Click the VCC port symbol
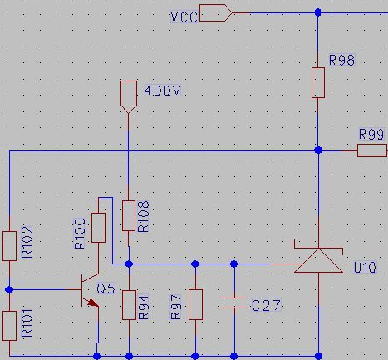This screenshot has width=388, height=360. point(216,12)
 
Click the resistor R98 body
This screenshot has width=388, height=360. point(318,82)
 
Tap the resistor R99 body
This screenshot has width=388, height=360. point(372,150)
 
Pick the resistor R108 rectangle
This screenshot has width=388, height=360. point(129,216)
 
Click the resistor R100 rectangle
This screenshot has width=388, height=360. point(98,228)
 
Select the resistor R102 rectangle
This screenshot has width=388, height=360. point(9,246)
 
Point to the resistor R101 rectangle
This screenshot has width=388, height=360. point(9,326)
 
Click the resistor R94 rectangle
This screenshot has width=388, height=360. point(129,305)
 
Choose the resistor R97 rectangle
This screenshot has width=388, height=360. point(195,304)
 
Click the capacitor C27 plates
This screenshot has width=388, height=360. point(234,303)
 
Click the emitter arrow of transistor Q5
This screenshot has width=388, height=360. point(93,303)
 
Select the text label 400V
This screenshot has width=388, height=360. point(163,91)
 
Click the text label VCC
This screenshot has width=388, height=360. point(184,17)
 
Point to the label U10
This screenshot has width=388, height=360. point(365,268)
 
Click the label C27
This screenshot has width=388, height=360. point(266,305)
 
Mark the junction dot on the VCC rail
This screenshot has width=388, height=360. point(318,12)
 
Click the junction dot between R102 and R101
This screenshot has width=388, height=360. point(9,290)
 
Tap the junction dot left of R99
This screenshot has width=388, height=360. point(318,150)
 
